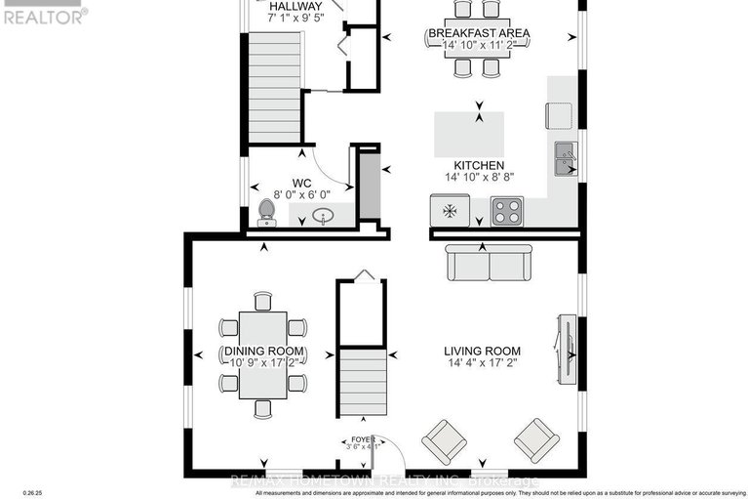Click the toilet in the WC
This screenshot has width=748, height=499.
pos(266,212)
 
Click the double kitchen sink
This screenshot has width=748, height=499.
pos(565,159)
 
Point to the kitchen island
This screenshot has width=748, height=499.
pos(469,130)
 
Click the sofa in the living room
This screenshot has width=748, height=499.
pos(489,263)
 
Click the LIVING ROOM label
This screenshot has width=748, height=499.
pos(482,352)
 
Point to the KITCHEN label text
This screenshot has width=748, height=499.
pos(478,166)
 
